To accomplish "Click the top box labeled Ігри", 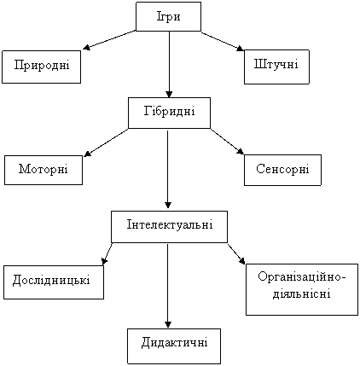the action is coord(168,17).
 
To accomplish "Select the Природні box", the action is coord(42,67).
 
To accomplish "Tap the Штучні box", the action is coord(276,67).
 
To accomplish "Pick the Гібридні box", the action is coord(170,113).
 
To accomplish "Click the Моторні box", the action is coord(44,170).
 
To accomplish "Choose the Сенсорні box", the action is coord(282,170).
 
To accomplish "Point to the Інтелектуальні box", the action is coord(169,227).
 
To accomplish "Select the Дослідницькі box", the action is coord(54,282).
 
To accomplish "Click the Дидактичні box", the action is coord(174,346).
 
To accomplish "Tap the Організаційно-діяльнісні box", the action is coord(302,289).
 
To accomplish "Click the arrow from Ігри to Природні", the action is coord(109,40).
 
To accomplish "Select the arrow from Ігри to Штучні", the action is coord(223,41).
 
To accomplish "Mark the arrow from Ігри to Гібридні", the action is coord(169,65).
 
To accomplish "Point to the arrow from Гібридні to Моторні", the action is coord(106,142).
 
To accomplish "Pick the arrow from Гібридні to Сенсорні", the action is coord(227,142).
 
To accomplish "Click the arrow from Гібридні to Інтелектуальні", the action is coord(168,170).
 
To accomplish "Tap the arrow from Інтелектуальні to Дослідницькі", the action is coord(107,253).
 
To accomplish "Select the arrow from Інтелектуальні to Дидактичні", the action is coord(168,286).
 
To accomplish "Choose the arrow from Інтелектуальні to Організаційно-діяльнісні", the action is coord(236,253).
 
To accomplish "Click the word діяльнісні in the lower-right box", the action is coord(302,293).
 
